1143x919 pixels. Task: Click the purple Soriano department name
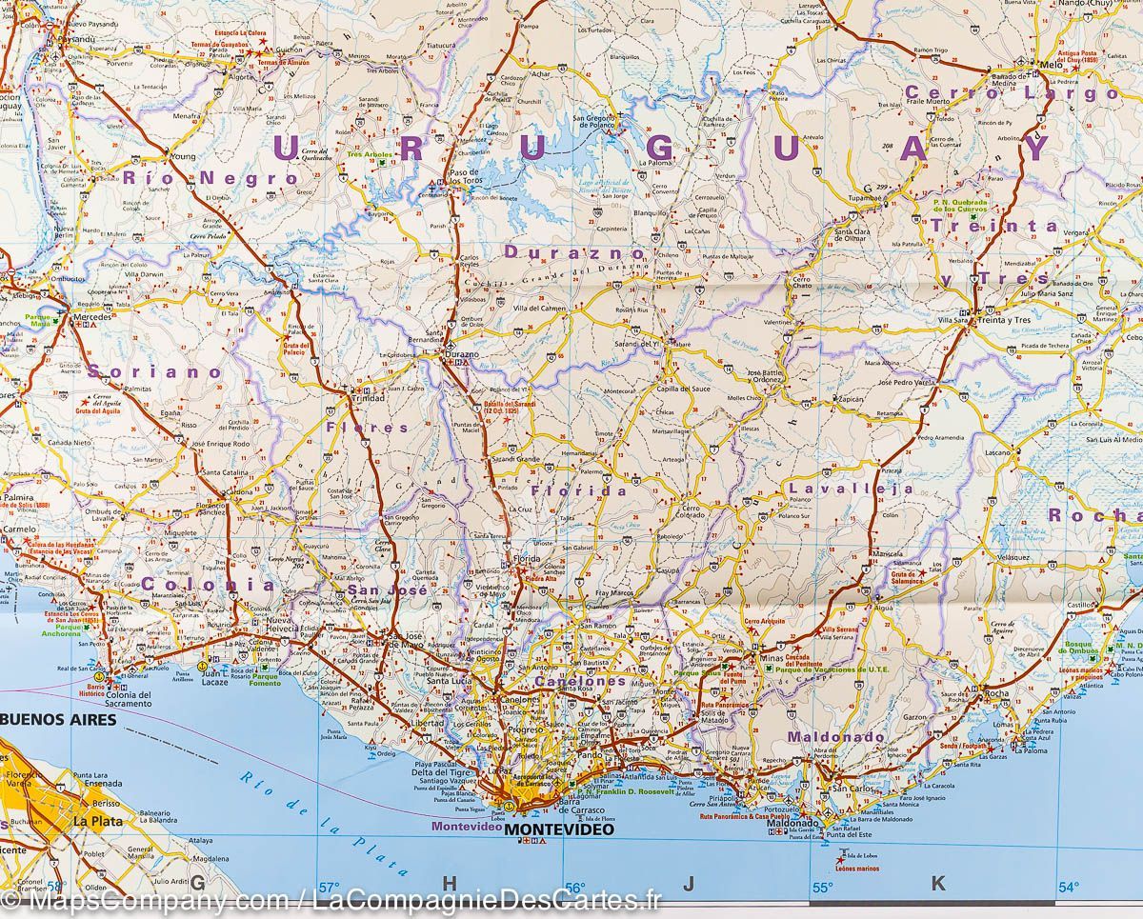156,372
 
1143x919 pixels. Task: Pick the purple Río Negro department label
209,177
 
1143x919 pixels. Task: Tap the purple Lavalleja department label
851,489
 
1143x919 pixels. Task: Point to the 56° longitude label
574,888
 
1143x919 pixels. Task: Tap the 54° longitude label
1069,888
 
